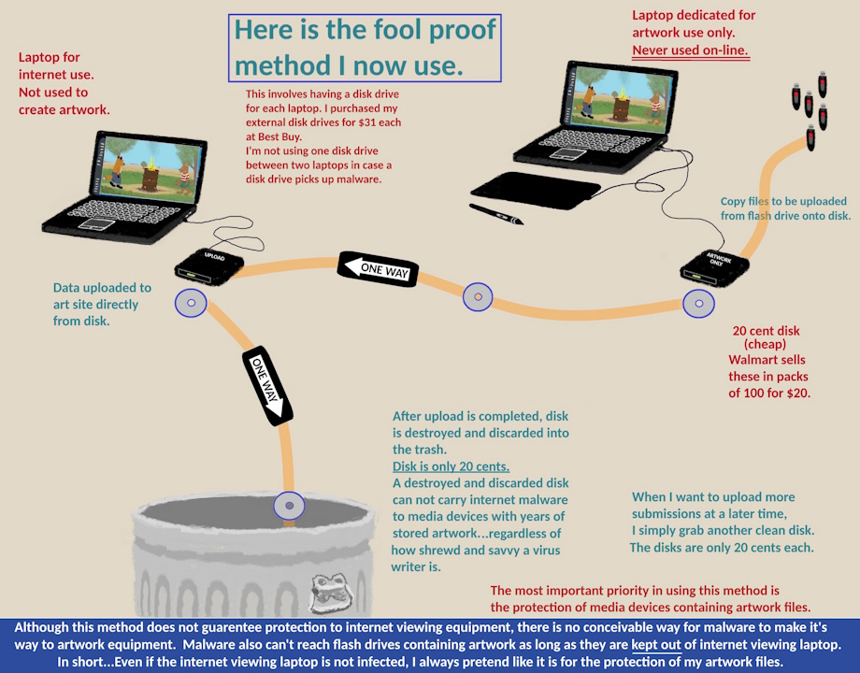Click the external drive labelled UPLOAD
click(x=209, y=267)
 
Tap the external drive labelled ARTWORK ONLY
click(x=715, y=268)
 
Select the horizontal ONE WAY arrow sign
click(x=378, y=269)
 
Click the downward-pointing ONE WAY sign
click(x=267, y=386)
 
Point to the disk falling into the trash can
click(x=289, y=505)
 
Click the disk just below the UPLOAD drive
click(x=191, y=303)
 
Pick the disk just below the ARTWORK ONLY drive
click(x=699, y=303)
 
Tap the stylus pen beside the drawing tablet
click(x=495, y=214)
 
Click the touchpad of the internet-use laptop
click(x=96, y=223)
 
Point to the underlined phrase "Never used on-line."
click(x=691, y=50)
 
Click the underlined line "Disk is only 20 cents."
click(x=451, y=466)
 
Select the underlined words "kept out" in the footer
click(x=656, y=644)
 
